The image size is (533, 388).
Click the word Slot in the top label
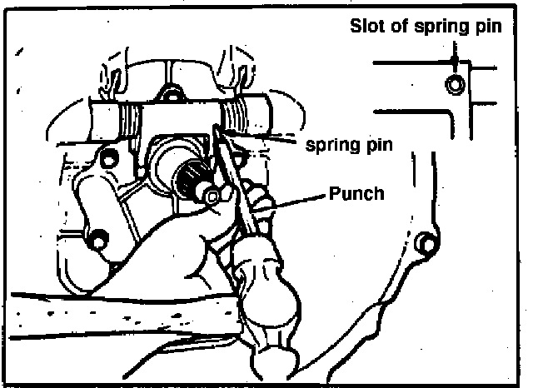[x=366, y=26]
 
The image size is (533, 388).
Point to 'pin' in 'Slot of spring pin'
[x=488, y=27]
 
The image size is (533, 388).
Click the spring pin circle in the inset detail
[x=452, y=84]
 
